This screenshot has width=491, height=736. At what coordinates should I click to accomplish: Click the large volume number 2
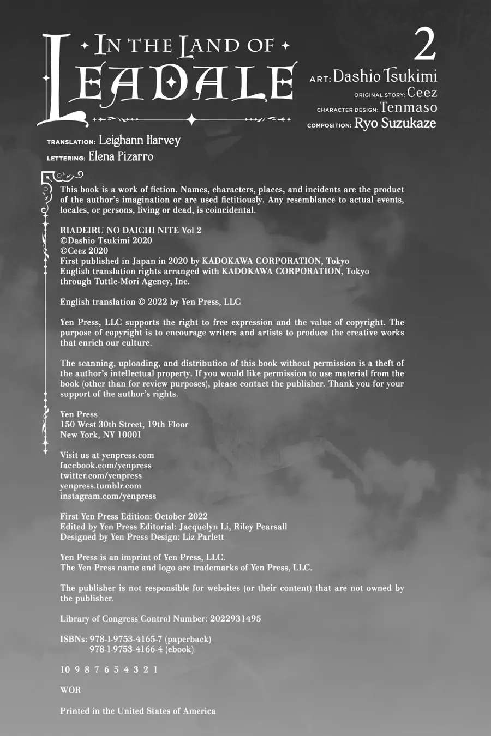point(424,45)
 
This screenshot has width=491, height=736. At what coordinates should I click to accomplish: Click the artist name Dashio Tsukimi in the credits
point(385,76)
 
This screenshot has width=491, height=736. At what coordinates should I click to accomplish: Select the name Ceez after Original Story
point(422,93)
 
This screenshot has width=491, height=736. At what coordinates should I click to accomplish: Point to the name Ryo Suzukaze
point(395,123)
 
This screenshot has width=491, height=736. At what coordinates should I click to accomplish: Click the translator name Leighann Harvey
point(139,141)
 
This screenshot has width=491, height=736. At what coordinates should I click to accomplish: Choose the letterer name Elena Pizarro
point(121,157)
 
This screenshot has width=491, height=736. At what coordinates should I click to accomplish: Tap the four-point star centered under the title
point(191,119)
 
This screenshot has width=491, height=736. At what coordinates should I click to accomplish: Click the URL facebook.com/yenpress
point(105,466)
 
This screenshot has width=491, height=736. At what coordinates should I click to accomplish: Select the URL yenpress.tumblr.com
point(100,486)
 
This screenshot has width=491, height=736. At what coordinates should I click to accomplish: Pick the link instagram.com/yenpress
point(107,496)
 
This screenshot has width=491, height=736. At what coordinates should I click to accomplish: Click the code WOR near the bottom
point(70,690)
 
